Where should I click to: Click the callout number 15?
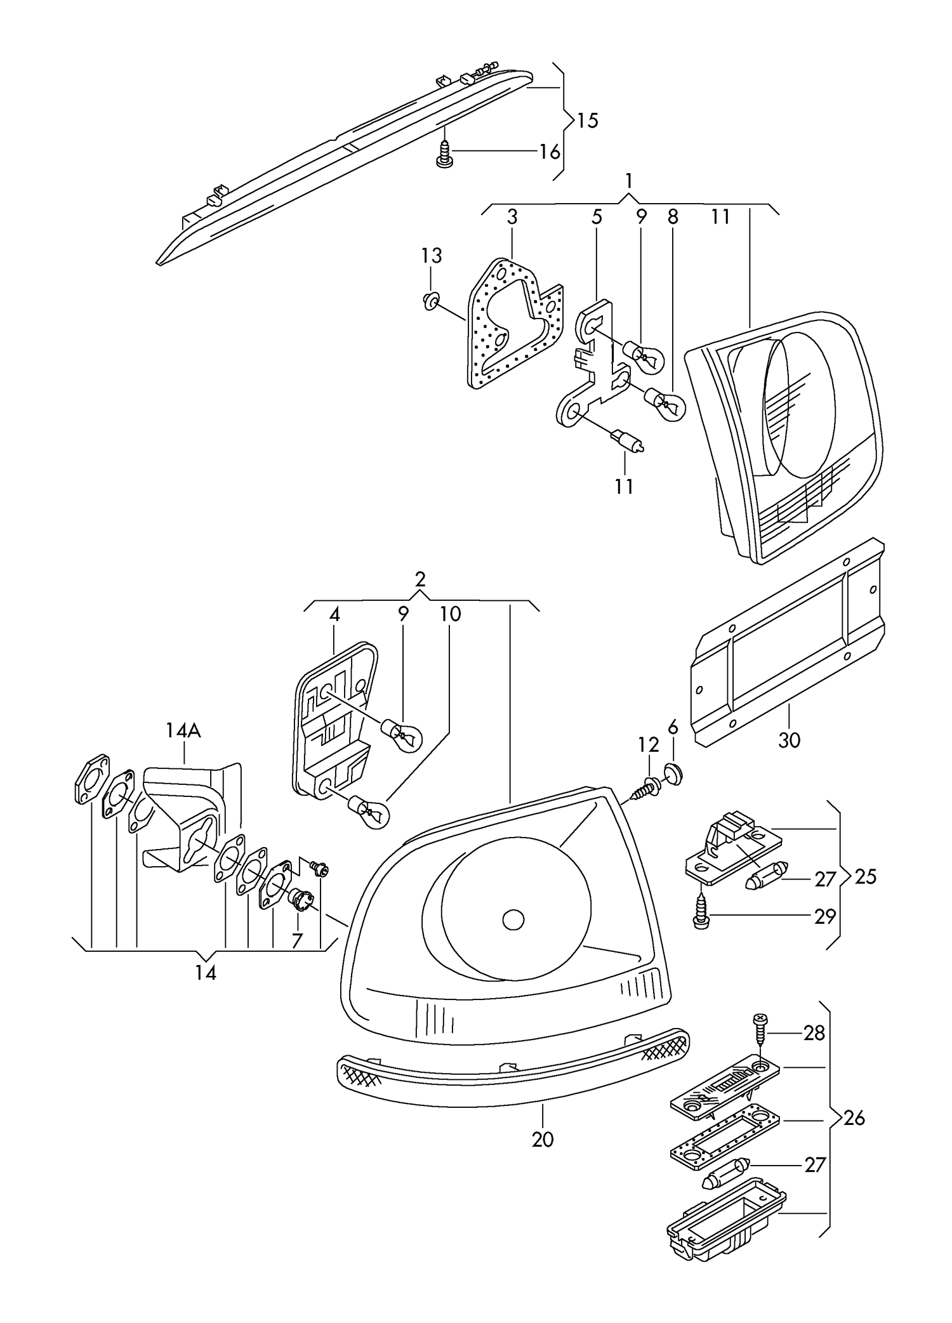[x=588, y=120]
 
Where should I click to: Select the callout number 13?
[x=431, y=256]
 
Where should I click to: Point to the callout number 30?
[x=789, y=740]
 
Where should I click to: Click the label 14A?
[x=183, y=731]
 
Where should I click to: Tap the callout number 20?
[x=543, y=1139]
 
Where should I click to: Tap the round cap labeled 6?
[x=673, y=774]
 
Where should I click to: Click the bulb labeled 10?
[x=370, y=812]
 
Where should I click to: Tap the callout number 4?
[x=334, y=614]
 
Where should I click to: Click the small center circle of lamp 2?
[x=513, y=919]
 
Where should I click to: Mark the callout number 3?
[x=512, y=217]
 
